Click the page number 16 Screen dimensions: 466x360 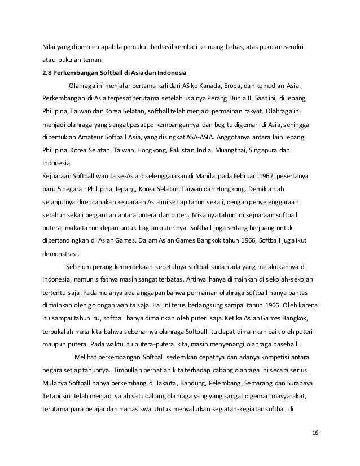tap(314, 432)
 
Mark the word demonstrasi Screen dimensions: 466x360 tap(63, 253)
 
